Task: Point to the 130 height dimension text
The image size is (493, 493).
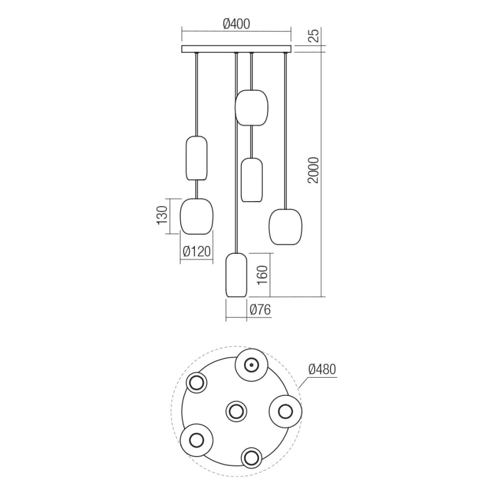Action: point(162,216)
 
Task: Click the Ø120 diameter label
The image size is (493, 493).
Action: point(197,250)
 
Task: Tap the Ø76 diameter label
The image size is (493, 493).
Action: point(260,310)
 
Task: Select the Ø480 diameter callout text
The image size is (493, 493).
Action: point(322,369)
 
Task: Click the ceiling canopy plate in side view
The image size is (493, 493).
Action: point(236,49)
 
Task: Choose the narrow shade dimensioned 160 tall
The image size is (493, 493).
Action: point(236,275)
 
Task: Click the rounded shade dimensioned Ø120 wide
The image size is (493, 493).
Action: point(197,216)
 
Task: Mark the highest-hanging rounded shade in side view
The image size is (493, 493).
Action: point(251,107)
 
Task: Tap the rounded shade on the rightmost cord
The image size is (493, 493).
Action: point(285,227)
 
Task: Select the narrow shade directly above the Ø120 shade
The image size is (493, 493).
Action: point(197,158)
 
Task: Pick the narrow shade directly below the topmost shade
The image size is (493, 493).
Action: point(251,180)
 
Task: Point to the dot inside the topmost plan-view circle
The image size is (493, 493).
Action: point(250,364)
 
